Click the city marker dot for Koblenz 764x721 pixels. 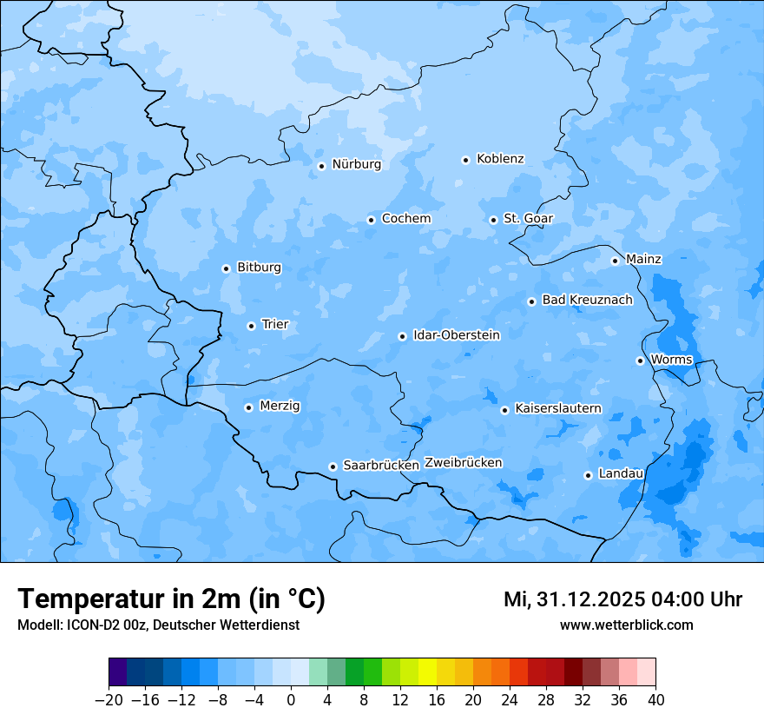465,160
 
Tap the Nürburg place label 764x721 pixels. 356,164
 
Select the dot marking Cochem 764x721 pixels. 371,220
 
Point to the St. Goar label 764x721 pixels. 528,219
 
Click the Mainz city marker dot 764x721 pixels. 615,261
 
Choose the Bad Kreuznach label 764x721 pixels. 587,301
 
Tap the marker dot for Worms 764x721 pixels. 640,360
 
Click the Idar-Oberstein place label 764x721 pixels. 456,335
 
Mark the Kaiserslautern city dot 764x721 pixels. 504,410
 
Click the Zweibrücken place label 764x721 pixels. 463,463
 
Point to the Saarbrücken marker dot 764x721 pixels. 333,466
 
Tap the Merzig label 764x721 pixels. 280,407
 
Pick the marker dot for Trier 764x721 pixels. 251,326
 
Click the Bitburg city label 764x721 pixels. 259,268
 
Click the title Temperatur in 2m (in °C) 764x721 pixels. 171,599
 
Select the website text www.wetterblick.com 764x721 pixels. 626,625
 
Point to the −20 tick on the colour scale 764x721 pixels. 109,700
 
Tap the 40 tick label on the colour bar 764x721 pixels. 655,700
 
